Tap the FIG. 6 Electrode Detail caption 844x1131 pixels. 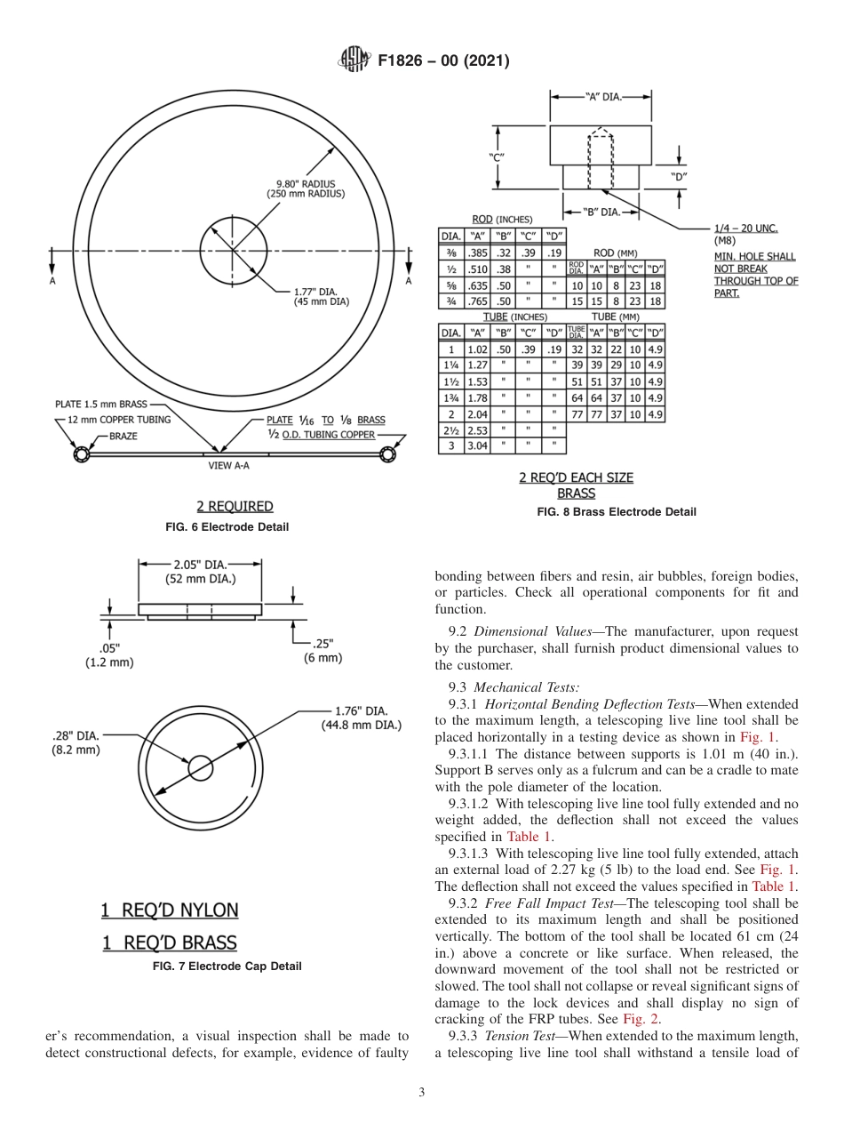pyautogui.click(x=227, y=527)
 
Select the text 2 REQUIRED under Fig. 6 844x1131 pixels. pyautogui.click(x=235, y=506)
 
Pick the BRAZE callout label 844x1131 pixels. pyautogui.click(x=129, y=437)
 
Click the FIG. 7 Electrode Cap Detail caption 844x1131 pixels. pyautogui.click(x=227, y=966)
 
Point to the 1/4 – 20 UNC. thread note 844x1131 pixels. pyautogui.click(x=746, y=229)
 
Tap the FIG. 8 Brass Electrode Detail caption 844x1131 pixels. pyautogui.click(x=616, y=512)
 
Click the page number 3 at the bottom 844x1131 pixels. pyautogui.click(x=422, y=1093)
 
